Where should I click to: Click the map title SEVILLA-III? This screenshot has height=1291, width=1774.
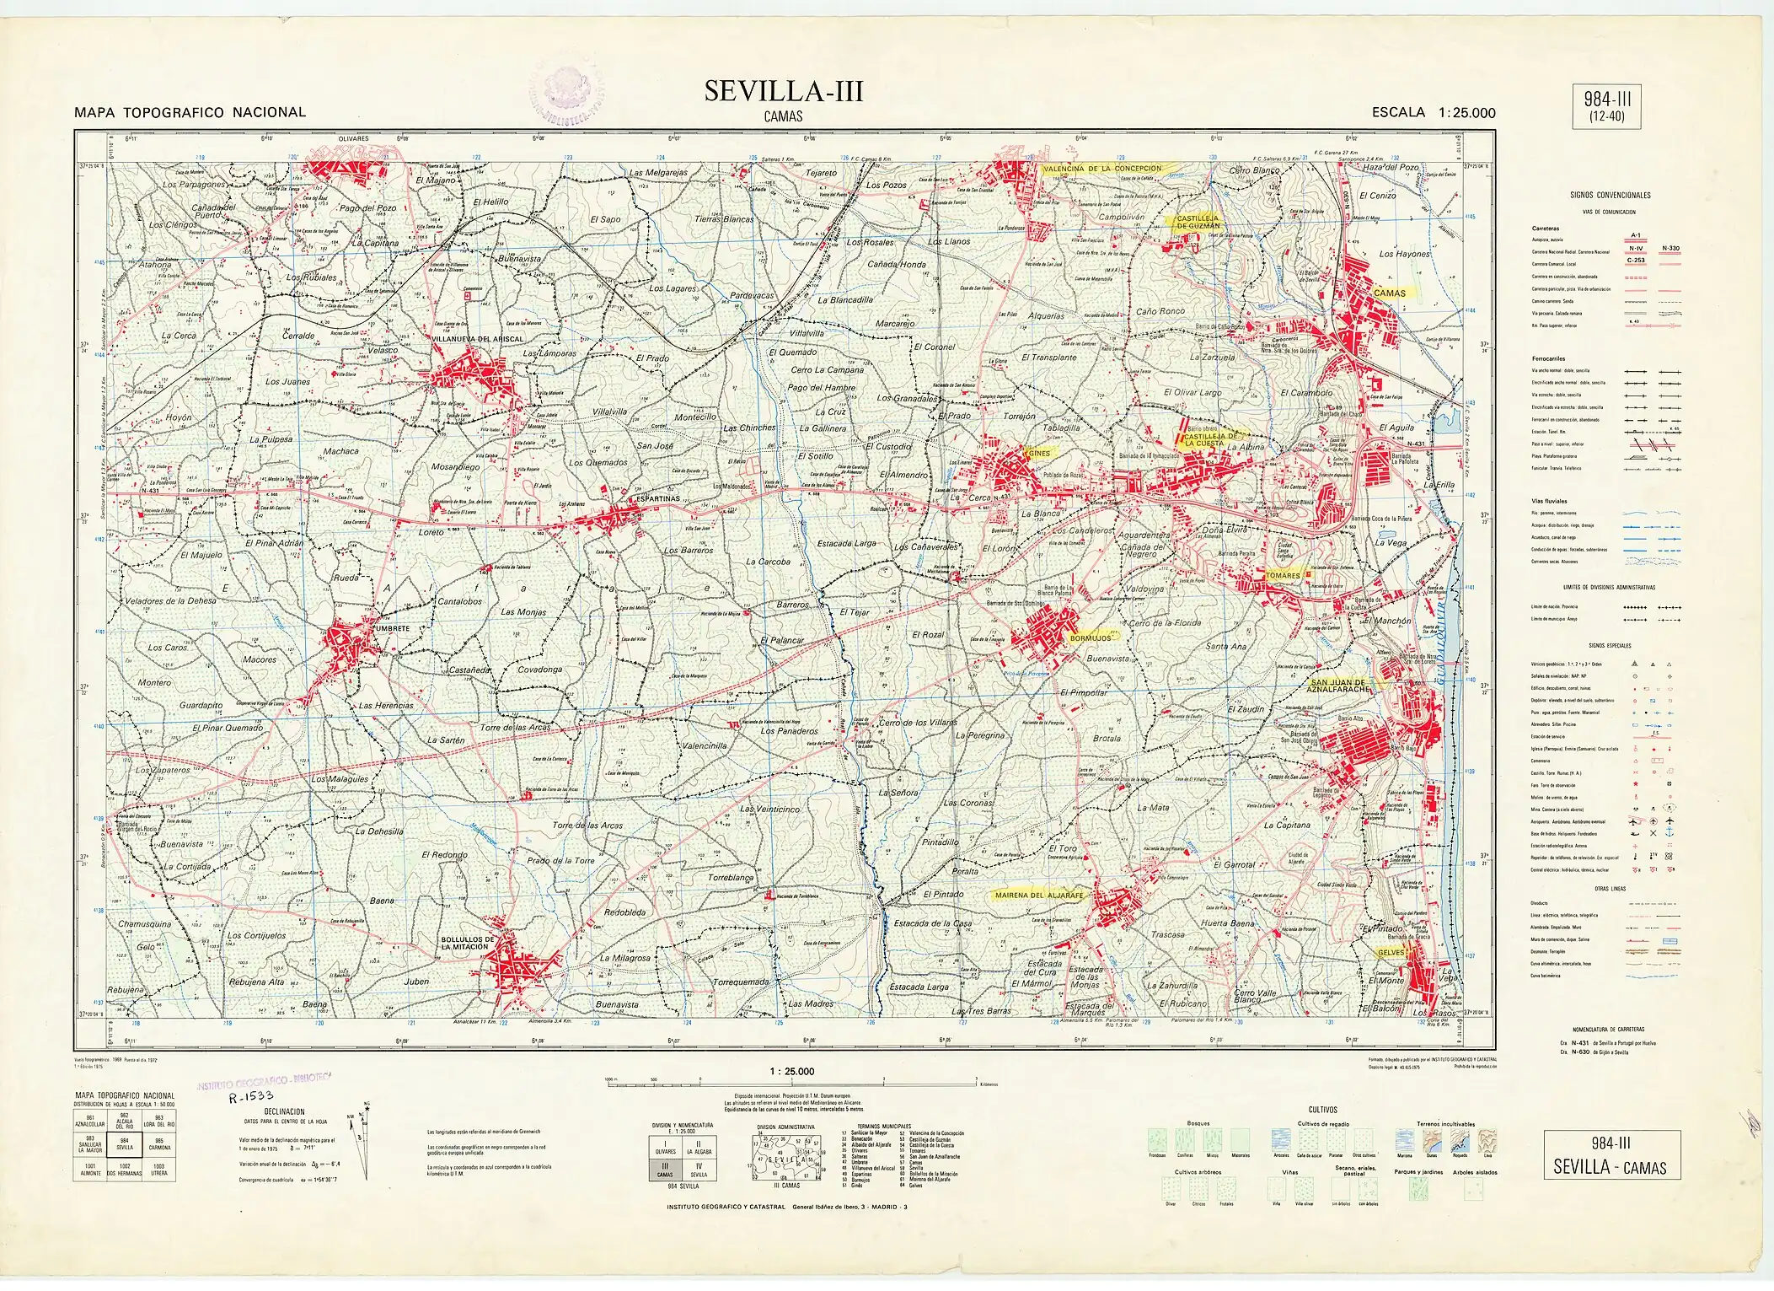[784, 91]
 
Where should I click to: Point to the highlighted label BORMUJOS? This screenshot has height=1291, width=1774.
[1090, 638]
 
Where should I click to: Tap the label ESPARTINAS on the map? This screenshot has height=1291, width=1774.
[658, 498]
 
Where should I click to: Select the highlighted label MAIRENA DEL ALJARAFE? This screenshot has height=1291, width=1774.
[1038, 895]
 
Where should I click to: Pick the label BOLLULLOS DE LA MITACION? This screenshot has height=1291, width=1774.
[464, 943]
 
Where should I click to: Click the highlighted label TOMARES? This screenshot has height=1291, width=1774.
[1283, 575]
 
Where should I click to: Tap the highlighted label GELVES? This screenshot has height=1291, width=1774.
[1391, 952]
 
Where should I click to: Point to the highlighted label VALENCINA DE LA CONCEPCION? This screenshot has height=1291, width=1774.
[1102, 169]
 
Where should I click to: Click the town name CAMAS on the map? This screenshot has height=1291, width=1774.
[1390, 293]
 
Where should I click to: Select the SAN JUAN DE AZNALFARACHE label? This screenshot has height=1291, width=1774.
[1339, 686]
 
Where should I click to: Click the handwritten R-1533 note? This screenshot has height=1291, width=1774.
[251, 1097]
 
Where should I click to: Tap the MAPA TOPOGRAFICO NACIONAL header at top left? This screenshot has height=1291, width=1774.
[190, 112]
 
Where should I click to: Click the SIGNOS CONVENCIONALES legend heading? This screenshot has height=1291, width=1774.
[1610, 195]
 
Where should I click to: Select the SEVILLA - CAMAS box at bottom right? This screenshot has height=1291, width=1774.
[1611, 1155]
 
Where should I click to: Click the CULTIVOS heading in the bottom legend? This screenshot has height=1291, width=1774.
[1322, 1109]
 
